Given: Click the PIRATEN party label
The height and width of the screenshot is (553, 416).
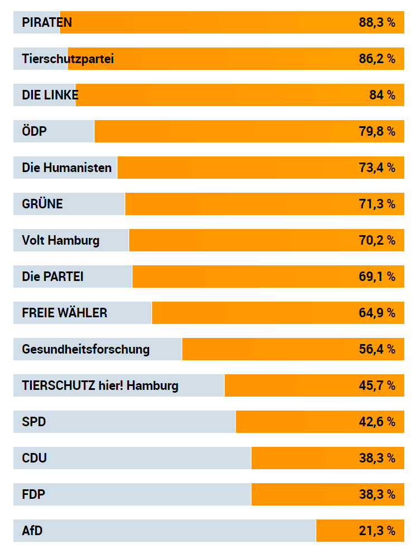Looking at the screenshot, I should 47,23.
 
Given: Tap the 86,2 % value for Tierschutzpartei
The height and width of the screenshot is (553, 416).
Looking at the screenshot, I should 377,59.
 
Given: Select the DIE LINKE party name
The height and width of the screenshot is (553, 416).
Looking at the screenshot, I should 50,96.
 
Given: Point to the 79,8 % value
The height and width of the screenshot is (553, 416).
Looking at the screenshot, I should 377,132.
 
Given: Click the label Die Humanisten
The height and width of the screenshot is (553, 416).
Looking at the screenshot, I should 67,168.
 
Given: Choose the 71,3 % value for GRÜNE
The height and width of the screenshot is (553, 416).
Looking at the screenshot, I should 377,204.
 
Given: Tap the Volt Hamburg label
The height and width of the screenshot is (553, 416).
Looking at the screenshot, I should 61,241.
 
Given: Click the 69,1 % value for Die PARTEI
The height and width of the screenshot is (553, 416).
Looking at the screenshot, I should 377,277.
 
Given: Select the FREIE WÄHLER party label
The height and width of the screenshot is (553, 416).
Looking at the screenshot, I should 65,313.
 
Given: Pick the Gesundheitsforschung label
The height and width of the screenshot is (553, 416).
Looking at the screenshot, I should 86,350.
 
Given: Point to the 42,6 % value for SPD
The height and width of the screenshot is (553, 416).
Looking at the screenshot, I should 377,422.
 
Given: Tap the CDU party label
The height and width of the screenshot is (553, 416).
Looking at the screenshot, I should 35,459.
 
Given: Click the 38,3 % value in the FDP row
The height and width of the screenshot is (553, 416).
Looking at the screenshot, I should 377,495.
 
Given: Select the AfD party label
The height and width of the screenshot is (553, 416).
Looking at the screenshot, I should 32,531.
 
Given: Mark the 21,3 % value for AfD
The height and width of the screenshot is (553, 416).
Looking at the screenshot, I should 377,531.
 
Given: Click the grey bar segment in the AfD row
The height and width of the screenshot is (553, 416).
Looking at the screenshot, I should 179,531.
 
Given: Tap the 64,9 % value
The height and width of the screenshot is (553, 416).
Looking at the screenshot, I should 377,313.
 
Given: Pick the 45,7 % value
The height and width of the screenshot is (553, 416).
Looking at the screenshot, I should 377,386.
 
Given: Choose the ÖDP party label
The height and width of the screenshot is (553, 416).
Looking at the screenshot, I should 35,132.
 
